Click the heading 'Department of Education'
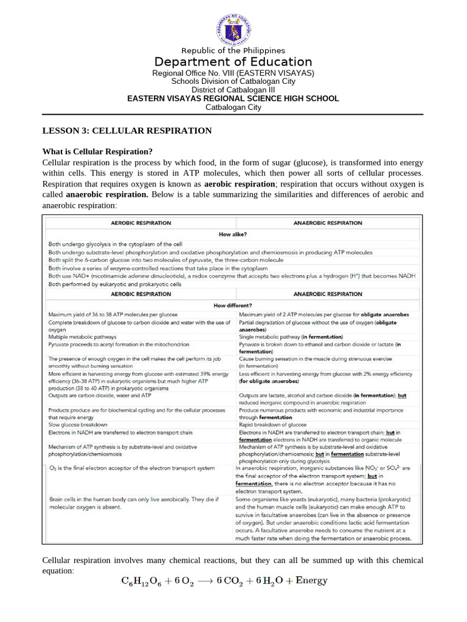pyautogui.click(x=233, y=62)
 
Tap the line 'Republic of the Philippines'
pyautogui.click(x=233, y=50)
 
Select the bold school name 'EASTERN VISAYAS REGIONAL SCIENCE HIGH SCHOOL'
pyautogui.click(x=233, y=98)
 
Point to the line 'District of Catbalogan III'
pyautogui.click(x=233, y=90)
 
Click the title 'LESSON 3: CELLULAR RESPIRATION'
pyautogui.click(x=127, y=131)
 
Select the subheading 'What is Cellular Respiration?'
pyautogui.click(x=97, y=151)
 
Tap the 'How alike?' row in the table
pyautogui.click(x=233, y=233)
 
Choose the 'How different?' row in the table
pyautogui.click(x=233, y=304)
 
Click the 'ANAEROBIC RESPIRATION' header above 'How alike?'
pyautogui.click(x=327, y=223)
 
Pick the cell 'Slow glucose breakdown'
pyautogui.click(x=78, y=425)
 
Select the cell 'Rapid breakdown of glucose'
pyautogui.click(x=274, y=425)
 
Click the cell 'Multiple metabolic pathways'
pyautogui.click(x=86, y=336)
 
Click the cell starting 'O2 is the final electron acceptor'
pyautogui.click(x=131, y=468)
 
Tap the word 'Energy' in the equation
pyautogui.click(x=311, y=581)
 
